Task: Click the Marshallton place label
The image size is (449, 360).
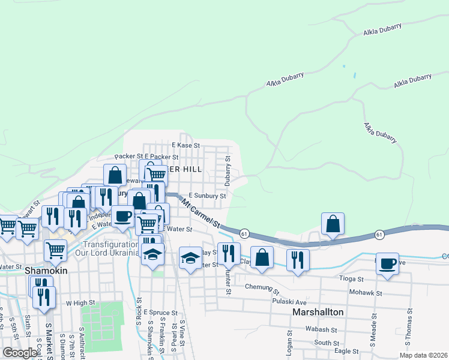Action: point(318,313)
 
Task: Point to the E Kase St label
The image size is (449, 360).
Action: point(185,145)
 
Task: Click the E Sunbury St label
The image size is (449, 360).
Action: point(206,196)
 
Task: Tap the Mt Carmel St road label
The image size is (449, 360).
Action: point(200,215)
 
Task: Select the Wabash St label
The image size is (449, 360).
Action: point(321,329)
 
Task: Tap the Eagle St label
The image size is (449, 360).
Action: point(346,351)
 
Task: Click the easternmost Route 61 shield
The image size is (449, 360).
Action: point(380,234)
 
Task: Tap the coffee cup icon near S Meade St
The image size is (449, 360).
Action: point(387,263)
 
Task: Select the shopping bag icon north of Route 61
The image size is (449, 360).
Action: point(332,223)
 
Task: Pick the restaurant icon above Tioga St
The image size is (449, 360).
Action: point(297,259)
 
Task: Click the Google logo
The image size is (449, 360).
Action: point(20,353)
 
